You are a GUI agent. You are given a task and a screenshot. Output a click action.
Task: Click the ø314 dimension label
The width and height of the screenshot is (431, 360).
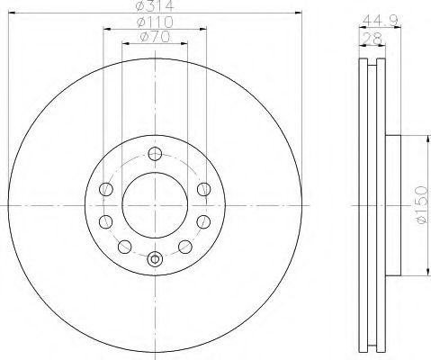coord(155,5)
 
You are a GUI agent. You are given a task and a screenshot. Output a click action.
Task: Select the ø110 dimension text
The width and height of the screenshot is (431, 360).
coord(155,22)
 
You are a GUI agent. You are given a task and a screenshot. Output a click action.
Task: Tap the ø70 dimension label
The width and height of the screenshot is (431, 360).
coord(155,37)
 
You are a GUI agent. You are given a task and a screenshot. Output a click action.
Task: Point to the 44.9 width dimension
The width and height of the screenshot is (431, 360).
coord(381,21)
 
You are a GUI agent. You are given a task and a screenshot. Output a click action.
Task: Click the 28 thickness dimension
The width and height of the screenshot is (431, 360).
coord(372,39)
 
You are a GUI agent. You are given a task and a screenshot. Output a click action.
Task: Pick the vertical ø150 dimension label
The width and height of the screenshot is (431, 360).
coord(421,204)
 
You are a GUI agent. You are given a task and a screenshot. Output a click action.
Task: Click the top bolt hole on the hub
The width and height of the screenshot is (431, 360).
coord(155,154)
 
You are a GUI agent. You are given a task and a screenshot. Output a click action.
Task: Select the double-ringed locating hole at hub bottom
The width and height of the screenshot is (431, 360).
coord(155,259)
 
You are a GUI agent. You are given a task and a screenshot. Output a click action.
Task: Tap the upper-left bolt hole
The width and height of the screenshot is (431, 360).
coord(106,189)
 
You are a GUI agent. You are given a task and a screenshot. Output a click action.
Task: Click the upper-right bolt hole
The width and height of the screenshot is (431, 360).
coord(204,189)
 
